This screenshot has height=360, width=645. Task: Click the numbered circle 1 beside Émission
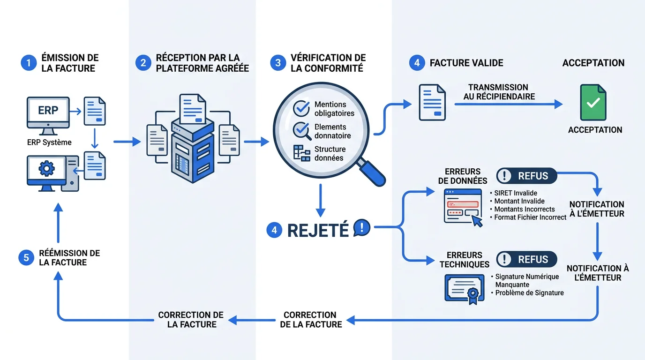tap(28, 63)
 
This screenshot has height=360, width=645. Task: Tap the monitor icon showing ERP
tap(48, 112)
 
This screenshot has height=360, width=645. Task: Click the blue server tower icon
tap(193, 150)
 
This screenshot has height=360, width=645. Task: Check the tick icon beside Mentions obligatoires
tap(301, 108)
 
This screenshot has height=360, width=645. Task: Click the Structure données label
tap(330, 153)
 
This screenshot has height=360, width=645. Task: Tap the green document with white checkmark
tap(593, 102)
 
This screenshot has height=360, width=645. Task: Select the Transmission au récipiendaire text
tap(498, 92)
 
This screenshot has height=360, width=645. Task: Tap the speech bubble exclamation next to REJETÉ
tap(362, 228)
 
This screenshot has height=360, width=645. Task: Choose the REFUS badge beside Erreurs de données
tap(526, 176)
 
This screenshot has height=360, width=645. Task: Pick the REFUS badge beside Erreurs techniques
tap(526, 259)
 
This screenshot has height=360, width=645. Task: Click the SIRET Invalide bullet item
tap(516, 193)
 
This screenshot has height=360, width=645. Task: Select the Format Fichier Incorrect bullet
tap(530, 217)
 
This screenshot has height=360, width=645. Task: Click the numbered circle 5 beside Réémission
tap(26, 258)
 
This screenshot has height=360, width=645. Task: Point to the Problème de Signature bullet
tap(529, 293)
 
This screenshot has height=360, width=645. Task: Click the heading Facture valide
tap(466, 63)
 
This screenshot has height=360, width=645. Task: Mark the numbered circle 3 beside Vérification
tap(277, 63)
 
